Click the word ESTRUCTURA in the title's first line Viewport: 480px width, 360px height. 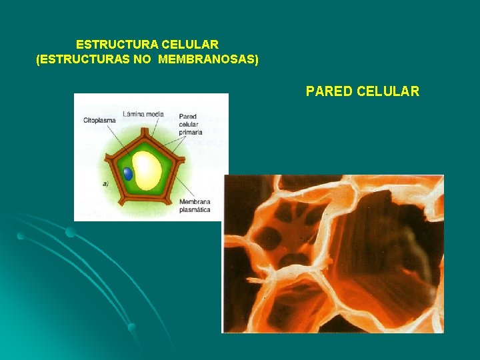tap(117, 45)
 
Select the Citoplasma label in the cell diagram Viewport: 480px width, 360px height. tap(99, 121)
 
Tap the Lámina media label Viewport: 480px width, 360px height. tap(143, 114)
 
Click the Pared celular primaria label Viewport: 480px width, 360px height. tap(191, 125)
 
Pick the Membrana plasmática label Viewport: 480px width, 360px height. tap(194, 205)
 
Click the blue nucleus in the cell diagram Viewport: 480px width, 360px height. tap(128, 174)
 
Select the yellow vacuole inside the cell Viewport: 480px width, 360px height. tap(147, 171)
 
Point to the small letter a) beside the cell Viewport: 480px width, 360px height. tap(105, 183)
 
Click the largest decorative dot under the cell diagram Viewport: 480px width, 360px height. tap(71, 232)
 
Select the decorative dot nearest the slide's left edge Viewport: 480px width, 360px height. tap(21, 236)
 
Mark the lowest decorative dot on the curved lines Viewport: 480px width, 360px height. tap(132, 327)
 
